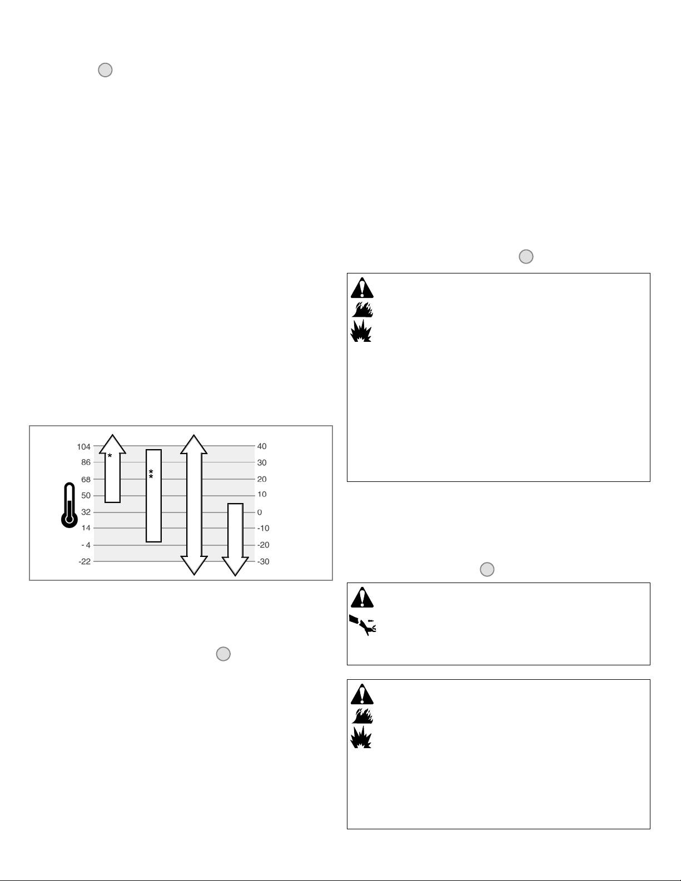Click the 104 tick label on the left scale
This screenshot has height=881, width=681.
tap(83, 447)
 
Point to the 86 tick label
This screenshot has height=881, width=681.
tap(85, 462)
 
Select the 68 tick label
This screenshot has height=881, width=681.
tap(85, 479)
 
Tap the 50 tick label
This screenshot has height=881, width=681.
tap(85, 495)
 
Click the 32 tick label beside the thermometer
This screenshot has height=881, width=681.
tap(85, 512)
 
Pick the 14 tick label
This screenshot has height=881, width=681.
tap(85, 528)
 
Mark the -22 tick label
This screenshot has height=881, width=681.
tap(84, 561)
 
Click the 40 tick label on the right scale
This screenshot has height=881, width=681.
tap(262, 446)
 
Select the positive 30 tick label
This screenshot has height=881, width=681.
tap(262, 462)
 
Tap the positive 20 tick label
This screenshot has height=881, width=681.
tap(262, 479)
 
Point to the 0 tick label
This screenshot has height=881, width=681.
tap(260, 512)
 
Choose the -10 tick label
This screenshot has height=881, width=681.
tap(263, 528)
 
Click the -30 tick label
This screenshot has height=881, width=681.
tap(263, 561)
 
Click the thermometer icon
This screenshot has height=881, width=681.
tap(69, 505)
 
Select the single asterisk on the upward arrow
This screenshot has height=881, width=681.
tap(110, 456)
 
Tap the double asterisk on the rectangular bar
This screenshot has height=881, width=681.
tap(151, 474)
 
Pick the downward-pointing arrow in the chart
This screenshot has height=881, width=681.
tap(235, 539)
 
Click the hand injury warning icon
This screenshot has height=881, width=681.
tap(362, 625)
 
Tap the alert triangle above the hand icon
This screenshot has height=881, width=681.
tap(362, 598)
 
